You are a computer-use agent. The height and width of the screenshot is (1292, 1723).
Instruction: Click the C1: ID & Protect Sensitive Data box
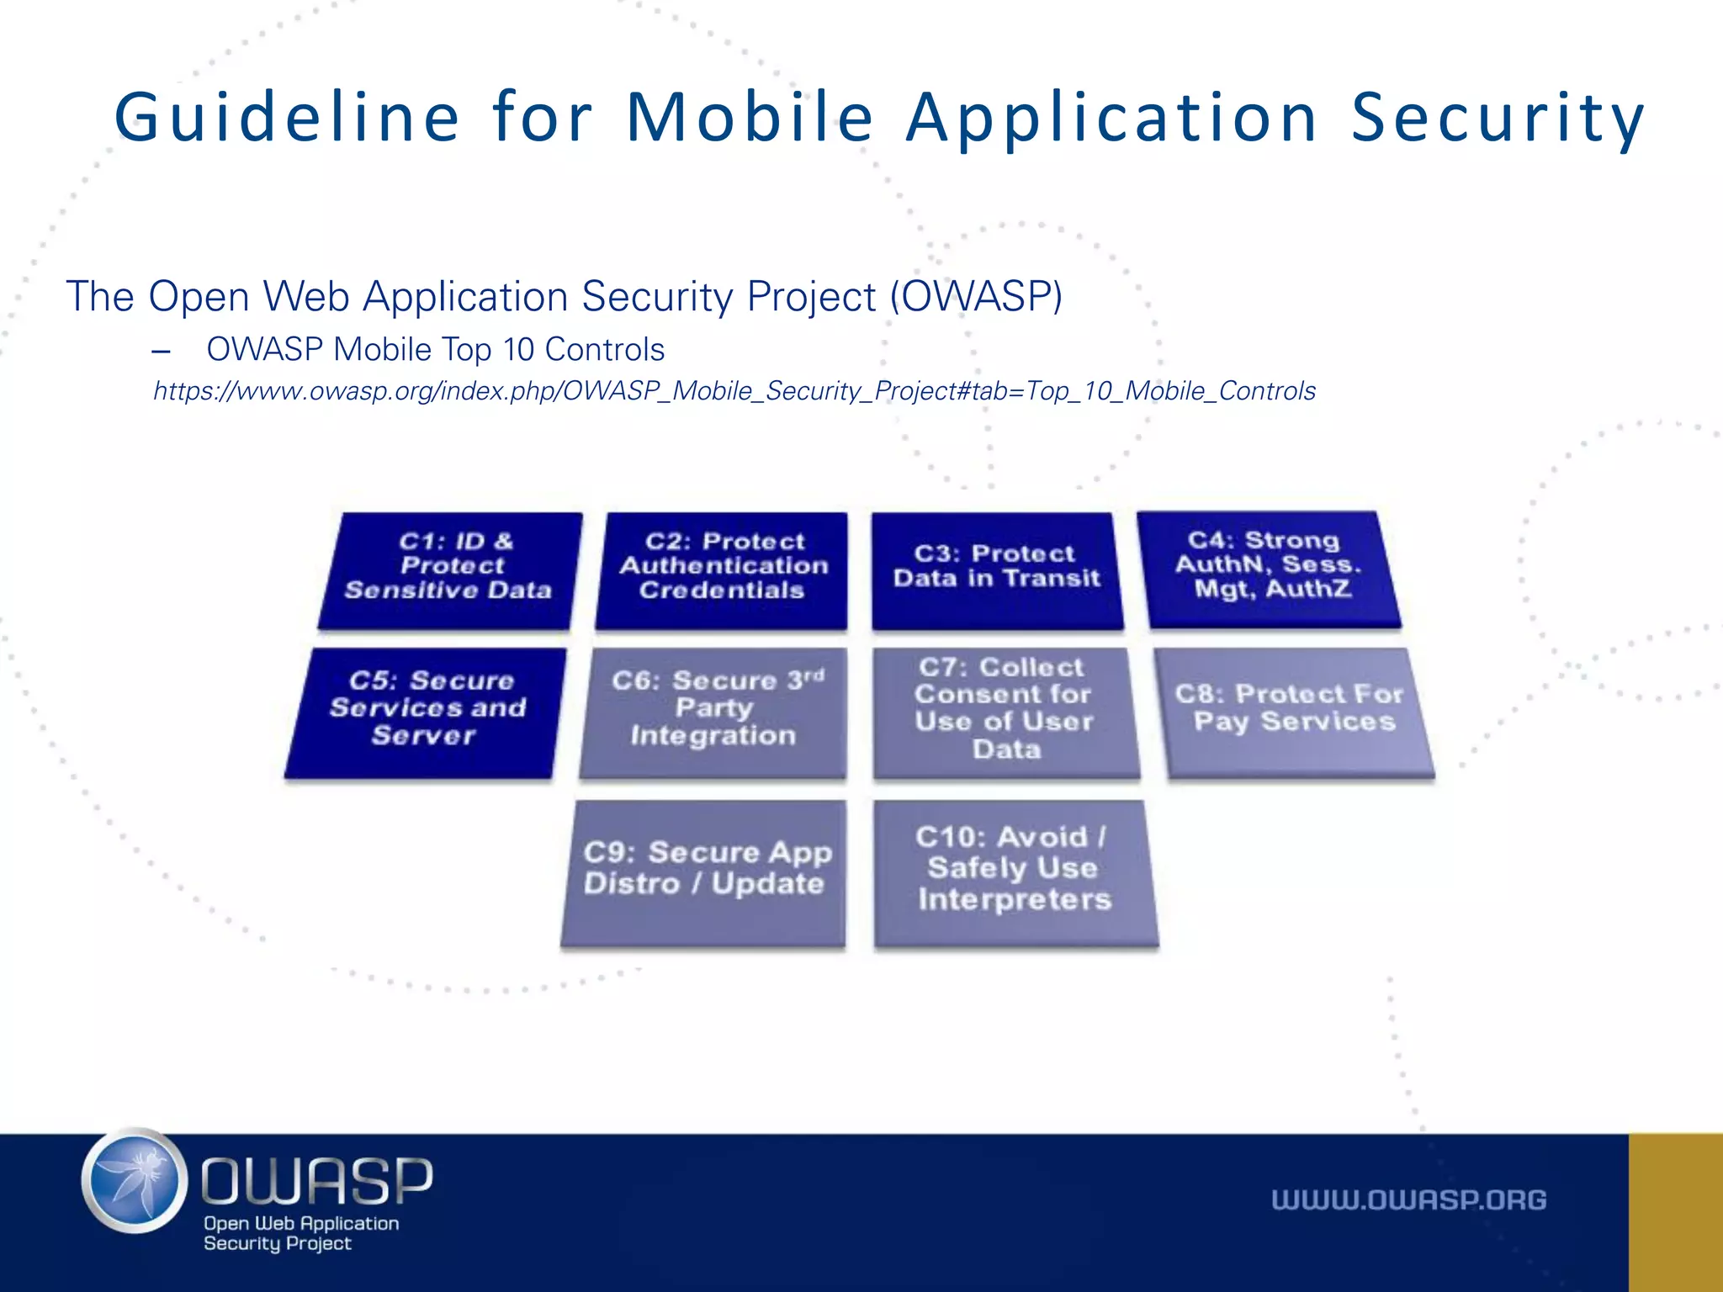pyautogui.click(x=450, y=569)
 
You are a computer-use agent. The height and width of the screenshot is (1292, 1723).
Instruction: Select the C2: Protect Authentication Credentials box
pyautogui.click(x=723, y=569)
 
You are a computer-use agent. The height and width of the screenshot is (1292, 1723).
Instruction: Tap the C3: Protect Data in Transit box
pyautogui.click(x=997, y=569)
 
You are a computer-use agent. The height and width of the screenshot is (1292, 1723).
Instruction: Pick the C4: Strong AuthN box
pyautogui.click(x=1269, y=567)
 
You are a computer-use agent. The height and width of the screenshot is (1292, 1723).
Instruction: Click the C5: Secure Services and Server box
pyautogui.click(x=427, y=711)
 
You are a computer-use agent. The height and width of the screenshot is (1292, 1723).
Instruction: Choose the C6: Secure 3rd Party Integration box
pyautogui.click(x=714, y=711)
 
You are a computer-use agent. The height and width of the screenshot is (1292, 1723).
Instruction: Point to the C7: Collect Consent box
pyautogui.click(x=1005, y=711)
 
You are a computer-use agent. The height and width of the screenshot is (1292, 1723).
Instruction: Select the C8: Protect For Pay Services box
pyautogui.click(x=1296, y=711)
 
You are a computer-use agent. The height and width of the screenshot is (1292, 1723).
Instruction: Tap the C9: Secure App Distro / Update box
pyautogui.click(x=705, y=871)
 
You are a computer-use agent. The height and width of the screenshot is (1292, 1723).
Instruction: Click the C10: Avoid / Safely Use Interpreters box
pyautogui.click(x=1014, y=871)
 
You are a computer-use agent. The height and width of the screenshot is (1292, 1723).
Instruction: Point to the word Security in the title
pyautogui.click(x=1498, y=118)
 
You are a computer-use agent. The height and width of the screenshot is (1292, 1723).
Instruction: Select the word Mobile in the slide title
pyautogui.click(x=750, y=118)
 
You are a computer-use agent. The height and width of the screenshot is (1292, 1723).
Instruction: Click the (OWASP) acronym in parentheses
pyautogui.click(x=977, y=297)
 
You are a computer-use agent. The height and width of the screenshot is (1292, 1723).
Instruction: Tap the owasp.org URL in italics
pyautogui.click(x=734, y=391)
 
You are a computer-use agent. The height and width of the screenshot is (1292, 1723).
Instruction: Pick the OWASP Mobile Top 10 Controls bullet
pyautogui.click(x=435, y=350)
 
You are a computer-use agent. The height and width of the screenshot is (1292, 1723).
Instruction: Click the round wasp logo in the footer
pyautogui.click(x=135, y=1181)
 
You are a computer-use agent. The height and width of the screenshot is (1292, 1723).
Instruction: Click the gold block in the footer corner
pyautogui.click(x=1675, y=1212)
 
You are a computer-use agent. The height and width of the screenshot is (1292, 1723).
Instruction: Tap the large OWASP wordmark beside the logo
pyautogui.click(x=316, y=1179)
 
